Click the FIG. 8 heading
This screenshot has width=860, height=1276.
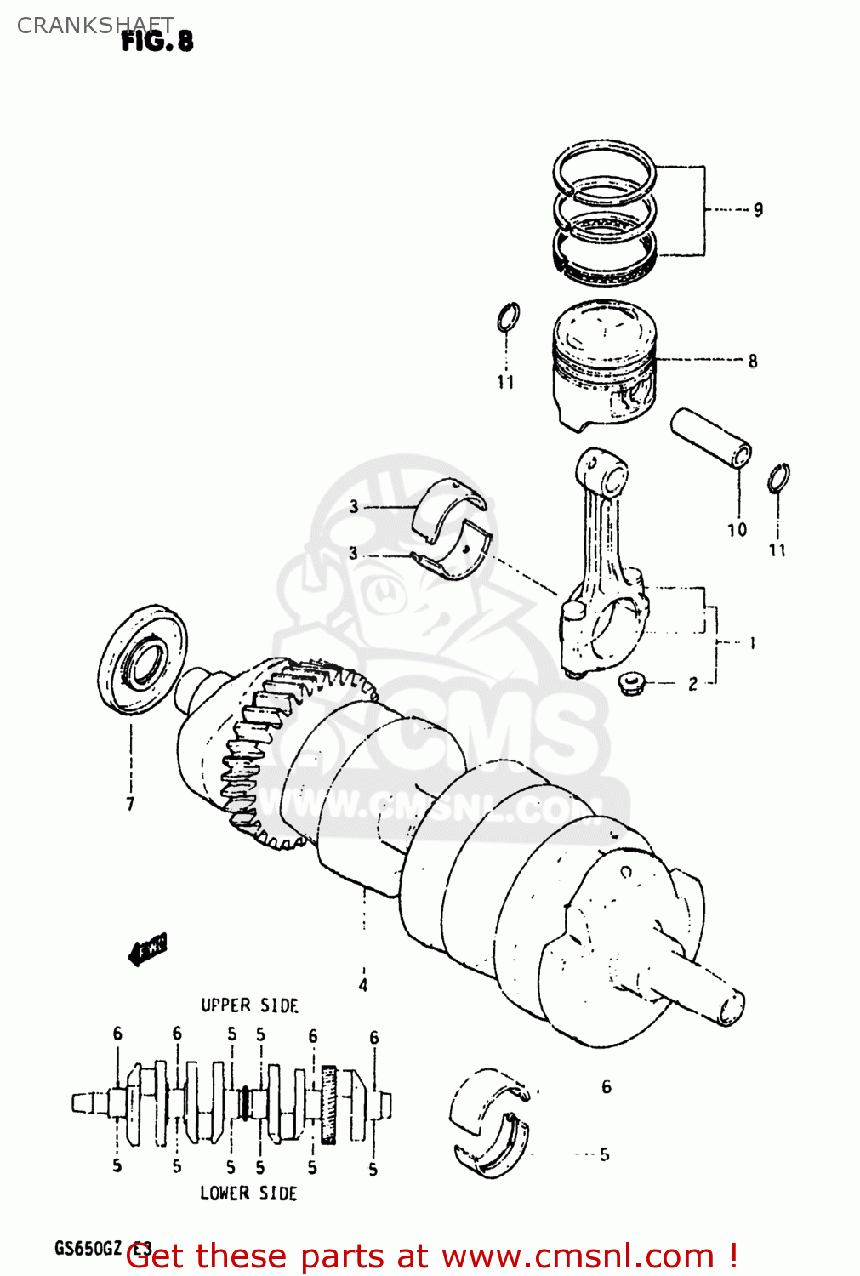(x=157, y=41)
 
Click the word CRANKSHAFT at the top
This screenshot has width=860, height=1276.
(x=94, y=26)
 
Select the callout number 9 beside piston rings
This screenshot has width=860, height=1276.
(x=758, y=209)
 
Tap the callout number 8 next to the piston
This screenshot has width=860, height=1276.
(x=753, y=361)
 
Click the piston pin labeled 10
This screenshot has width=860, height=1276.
(x=710, y=437)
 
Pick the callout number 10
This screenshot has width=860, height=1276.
(x=737, y=530)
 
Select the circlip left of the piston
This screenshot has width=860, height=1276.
(x=508, y=317)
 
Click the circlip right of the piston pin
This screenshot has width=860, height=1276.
(x=777, y=478)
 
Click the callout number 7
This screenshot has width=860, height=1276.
(x=130, y=803)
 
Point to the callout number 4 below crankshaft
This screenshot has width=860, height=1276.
(x=363, y=985)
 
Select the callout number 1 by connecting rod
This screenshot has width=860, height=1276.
(x=752, y=643)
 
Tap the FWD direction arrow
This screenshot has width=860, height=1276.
(x=147, y=948)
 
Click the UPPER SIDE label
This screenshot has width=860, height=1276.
(x=249, y=1005)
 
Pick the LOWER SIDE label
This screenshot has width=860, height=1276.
(x=248, y=1193)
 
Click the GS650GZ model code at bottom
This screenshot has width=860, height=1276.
(x=88, y=1249)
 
